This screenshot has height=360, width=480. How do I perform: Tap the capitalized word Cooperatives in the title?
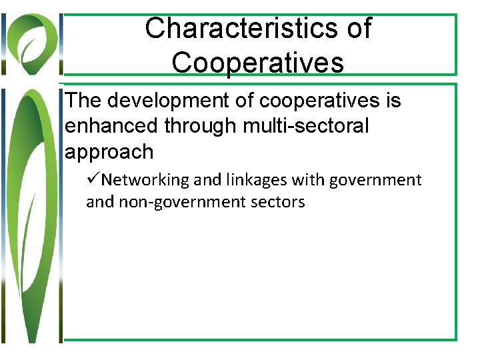(x=257, y=63)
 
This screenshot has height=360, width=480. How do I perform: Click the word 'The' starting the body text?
(x=85, y=101)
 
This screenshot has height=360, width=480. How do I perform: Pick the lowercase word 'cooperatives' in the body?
(x=319, y=101)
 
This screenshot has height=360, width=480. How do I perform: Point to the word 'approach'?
(x=109, y=152)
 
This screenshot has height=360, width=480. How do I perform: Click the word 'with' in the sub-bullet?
(x=300, y=180)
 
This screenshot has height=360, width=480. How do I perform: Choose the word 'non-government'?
(x=179, y=202)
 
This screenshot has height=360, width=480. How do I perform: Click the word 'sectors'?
(x=276, y=202)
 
